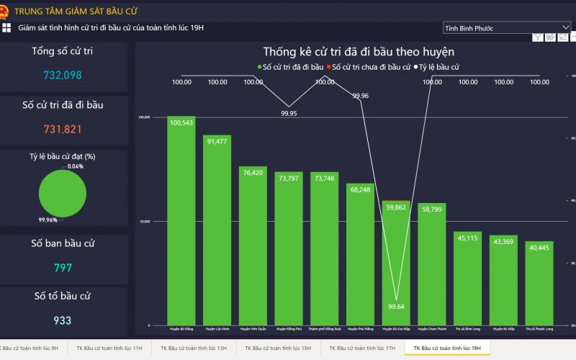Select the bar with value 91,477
(x=217, y=230)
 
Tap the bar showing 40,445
(x=539, y=284)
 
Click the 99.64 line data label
(x=397, y=306)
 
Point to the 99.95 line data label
(x=289, y=113)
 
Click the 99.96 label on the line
(x=361, y=95)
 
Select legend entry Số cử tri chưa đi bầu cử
(x=369, y=67)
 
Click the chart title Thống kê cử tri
(x=358, y=52)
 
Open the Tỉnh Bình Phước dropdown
(x=507, y=28)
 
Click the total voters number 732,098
(x=63, y=75)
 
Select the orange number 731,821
(x=63, y=129)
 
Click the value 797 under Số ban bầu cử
(x=63, y=268)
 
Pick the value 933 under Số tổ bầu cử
(x=63, y=320)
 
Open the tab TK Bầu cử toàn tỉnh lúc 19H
(x=447, y=348)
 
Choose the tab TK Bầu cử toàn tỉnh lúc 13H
(x=194, y=348)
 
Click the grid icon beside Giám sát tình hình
(x=6, y=27)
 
